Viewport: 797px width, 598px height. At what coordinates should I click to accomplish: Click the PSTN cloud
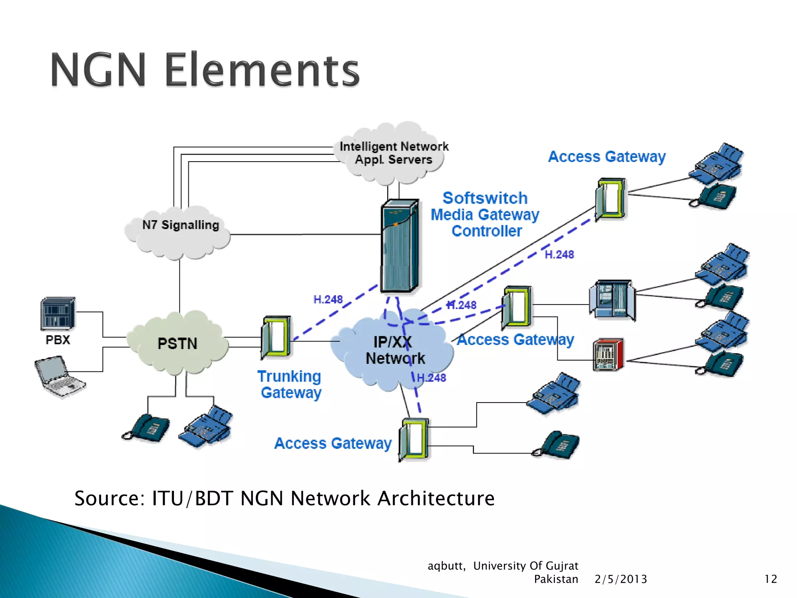tap(177, 344)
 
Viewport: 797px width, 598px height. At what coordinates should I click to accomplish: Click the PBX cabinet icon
tap(58, 314)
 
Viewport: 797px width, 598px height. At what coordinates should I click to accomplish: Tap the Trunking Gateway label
tap(290, 384)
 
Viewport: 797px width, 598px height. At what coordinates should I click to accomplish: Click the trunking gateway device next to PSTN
tap(276, 337)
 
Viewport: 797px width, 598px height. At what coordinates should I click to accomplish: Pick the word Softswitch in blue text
tap(485, 198)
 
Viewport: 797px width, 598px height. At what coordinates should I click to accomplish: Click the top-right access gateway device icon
tap(610, 199)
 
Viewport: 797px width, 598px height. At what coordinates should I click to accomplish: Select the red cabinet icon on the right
tap(608, 355)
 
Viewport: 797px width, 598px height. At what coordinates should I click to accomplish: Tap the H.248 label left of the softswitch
tap(328, 299)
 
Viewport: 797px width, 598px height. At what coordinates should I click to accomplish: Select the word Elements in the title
tap(262, 70)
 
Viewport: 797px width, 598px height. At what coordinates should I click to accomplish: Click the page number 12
tap(771, 579)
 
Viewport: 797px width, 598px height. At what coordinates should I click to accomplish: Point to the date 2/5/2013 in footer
tap(621, 579)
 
